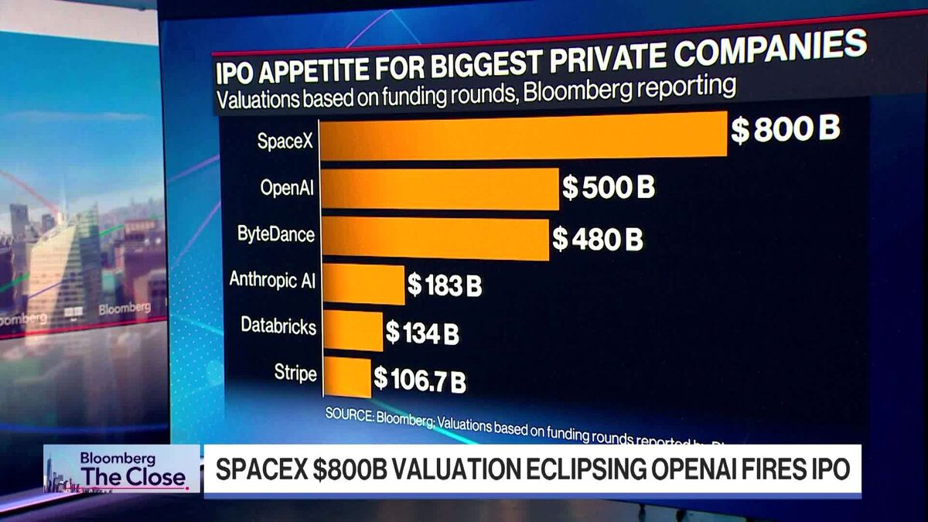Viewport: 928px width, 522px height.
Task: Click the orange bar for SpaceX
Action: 524,135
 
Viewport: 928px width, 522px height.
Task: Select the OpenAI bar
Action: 439,189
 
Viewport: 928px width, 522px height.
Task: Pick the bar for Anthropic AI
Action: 363,285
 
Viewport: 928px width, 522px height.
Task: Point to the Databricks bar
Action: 352,331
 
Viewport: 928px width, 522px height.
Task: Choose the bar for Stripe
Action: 346,377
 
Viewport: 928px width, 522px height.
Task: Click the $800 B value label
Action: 785,130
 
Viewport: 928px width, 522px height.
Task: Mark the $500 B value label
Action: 609,187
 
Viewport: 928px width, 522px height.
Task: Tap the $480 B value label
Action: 597,239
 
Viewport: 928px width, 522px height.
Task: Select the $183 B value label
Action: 445,286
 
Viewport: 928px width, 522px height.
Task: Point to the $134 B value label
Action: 422,333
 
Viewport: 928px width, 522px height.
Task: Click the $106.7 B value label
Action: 420,380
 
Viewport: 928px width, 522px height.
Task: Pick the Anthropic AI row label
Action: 273,279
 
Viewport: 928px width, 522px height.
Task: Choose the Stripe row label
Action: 295,374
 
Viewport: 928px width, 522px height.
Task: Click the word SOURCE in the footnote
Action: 349,415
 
